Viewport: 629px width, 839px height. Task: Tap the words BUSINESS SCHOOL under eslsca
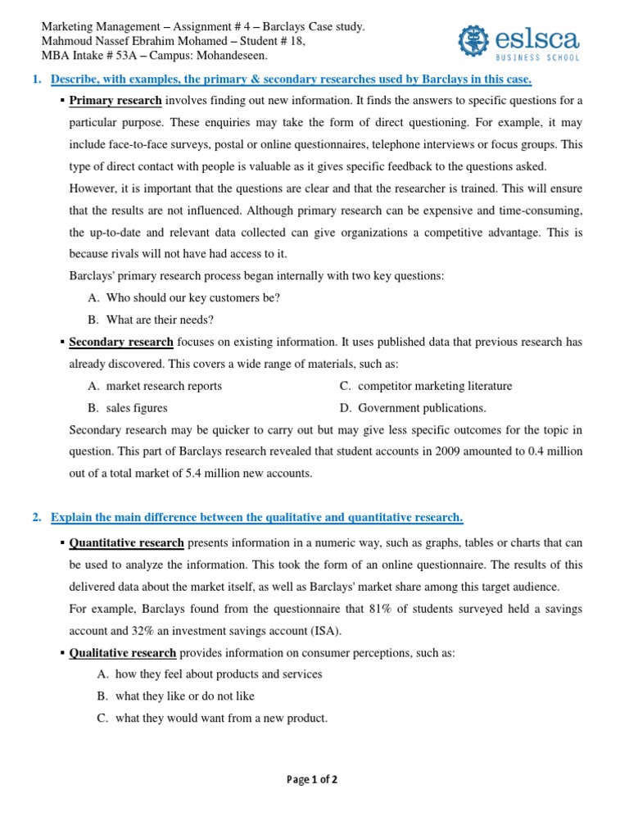pyautogui.click(x=539, y=57)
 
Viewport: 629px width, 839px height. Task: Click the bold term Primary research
pyautogui.click(x=115, y=101)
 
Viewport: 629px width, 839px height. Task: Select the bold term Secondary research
pyautogui.click(x=120, y=342)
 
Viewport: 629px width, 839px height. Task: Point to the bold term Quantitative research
pyautogui.click(x=126, y=542)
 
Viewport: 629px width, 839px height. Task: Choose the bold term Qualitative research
pyautogui.click(x=122, y=652)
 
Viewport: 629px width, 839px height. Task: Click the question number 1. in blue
pyautogui.click(x=37, y=79)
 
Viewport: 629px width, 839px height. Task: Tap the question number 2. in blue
pyautogui.click(x=37, y=517)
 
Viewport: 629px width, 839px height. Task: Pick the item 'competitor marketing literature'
pyautogui.click(x=435, y=386)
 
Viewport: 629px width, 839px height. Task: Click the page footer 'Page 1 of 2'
pyautogui.click(x=312, y=780)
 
